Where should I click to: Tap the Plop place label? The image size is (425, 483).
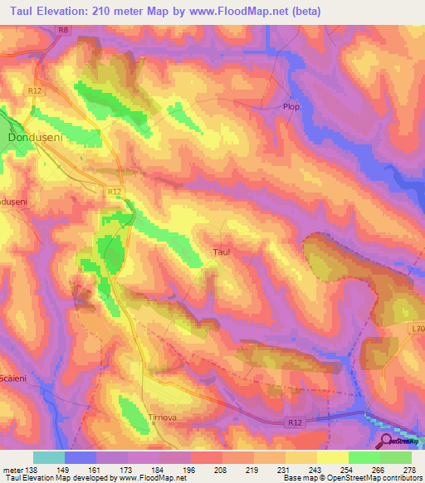pos(290,107)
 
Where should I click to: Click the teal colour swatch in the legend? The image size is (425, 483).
pos(49,457)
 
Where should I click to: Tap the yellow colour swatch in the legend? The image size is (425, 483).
pos(333,457)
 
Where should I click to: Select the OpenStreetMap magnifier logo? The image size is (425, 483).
pos(387,442)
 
